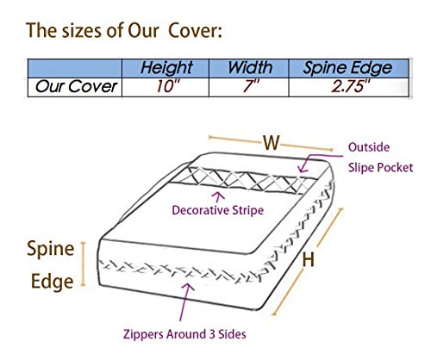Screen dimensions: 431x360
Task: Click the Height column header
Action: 166,68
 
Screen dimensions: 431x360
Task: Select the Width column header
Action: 250,68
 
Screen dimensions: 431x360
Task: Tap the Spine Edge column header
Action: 347,68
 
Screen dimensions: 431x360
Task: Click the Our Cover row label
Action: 76,86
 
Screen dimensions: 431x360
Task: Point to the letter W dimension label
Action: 272,142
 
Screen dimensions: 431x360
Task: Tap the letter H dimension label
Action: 309,259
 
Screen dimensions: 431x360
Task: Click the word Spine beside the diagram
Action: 51,249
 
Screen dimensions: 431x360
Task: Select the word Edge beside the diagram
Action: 52,282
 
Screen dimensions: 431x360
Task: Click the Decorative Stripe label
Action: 217,210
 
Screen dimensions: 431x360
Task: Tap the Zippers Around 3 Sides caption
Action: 184,334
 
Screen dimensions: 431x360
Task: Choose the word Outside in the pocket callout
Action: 369,147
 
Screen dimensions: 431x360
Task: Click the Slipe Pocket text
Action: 380,168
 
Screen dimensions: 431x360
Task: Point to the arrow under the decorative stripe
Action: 219,197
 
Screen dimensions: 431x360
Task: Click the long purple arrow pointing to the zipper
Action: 185,302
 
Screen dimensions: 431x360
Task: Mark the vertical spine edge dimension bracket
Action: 84,264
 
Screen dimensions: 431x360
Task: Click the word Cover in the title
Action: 195,30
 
